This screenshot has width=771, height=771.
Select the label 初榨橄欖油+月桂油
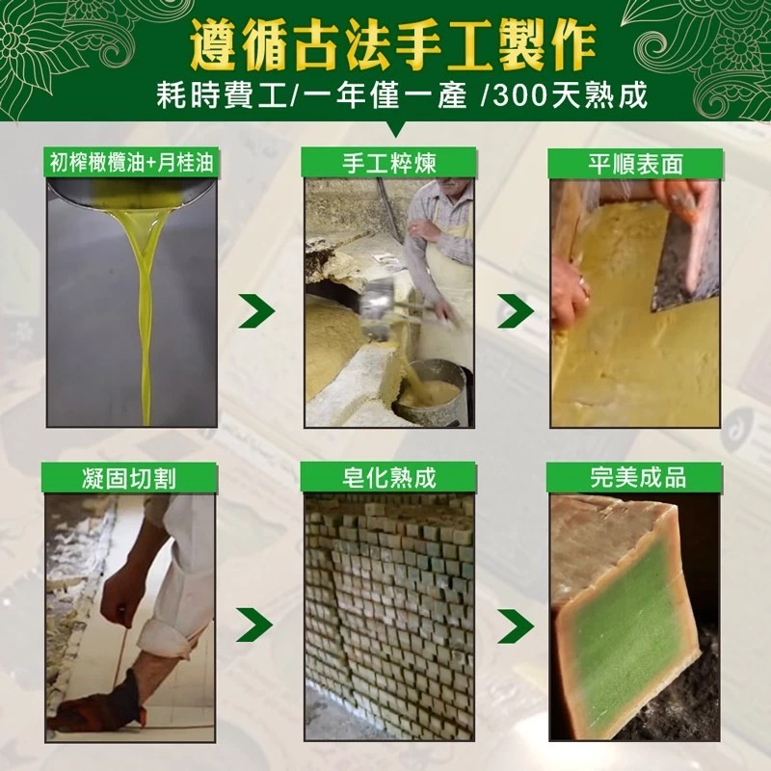[x=133, y=163]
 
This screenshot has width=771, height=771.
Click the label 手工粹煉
[x=388, y=163]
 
